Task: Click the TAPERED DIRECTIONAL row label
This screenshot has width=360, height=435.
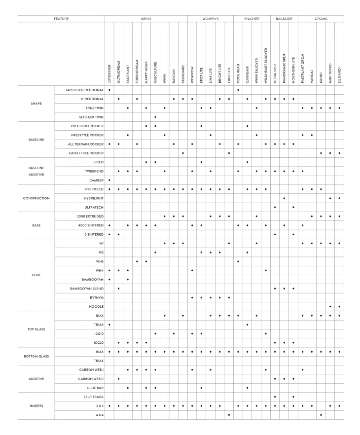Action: tap(84, 90)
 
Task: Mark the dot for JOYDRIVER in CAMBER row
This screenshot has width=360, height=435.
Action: tap(109, 180)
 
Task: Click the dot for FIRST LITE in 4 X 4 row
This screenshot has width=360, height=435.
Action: tap(229, 415)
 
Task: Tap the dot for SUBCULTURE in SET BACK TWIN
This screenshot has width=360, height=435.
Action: tap(155, 117)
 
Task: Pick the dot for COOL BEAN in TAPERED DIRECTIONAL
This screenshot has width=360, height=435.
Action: tap(238, 90)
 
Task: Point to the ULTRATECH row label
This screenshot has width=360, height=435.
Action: tap(93, 207)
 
